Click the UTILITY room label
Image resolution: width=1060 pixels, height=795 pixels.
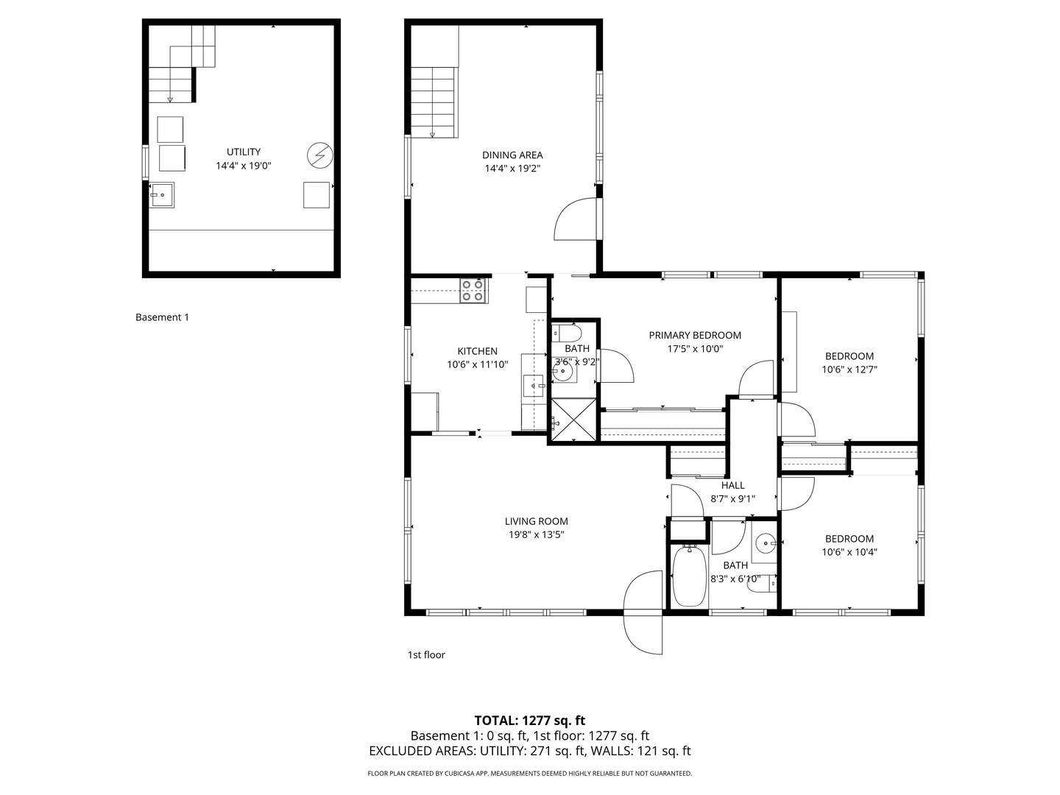point(243,152)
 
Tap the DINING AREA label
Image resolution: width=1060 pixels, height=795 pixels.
point(512,155)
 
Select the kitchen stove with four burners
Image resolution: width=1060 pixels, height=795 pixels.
point(472,291)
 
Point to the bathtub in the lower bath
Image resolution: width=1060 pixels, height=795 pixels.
point(688,575)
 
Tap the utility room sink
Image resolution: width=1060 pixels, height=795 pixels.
point(162,195)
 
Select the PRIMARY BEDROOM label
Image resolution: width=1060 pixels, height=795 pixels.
point(694,335)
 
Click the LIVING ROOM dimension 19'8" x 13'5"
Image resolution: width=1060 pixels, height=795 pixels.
point(537,535)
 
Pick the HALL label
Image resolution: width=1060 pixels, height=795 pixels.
point(732,485)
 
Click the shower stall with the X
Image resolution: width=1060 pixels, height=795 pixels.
point(573,420)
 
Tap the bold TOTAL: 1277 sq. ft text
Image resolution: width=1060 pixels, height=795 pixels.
point(529,720)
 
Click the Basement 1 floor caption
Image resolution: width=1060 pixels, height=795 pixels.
point(162,317)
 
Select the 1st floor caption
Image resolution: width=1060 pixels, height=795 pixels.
point(426,654)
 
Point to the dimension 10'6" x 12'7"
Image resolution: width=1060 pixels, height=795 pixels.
point(849,370)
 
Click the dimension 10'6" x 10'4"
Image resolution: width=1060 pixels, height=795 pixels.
point(849,552)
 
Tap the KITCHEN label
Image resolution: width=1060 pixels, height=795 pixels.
point(477,351)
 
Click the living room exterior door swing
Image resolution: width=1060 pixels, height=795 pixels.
point(643,611)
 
